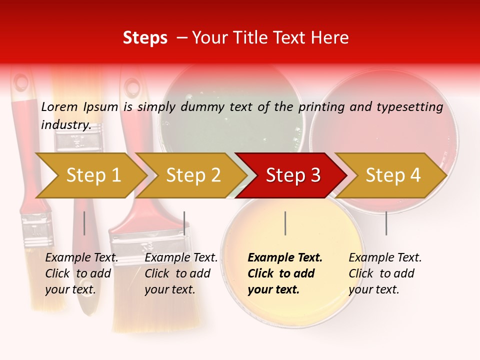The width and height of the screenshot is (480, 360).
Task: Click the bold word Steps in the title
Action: pos(145,38)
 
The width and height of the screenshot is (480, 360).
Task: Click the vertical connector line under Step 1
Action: pos(84,223)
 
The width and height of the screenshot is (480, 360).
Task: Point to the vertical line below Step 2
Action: pos(184,223)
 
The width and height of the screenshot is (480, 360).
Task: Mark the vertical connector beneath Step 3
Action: pos(285,223)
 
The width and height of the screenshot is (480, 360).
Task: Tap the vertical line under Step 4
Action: pos(386,223)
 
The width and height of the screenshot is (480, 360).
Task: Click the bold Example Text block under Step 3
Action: pos(285,273)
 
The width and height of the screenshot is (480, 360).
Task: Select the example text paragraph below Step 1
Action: pos(81,273)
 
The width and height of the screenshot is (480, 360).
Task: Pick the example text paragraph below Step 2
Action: pos(181,273)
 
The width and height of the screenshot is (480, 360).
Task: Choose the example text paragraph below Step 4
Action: pos(385,273)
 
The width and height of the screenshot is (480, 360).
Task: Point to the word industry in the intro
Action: pos(66,124)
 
